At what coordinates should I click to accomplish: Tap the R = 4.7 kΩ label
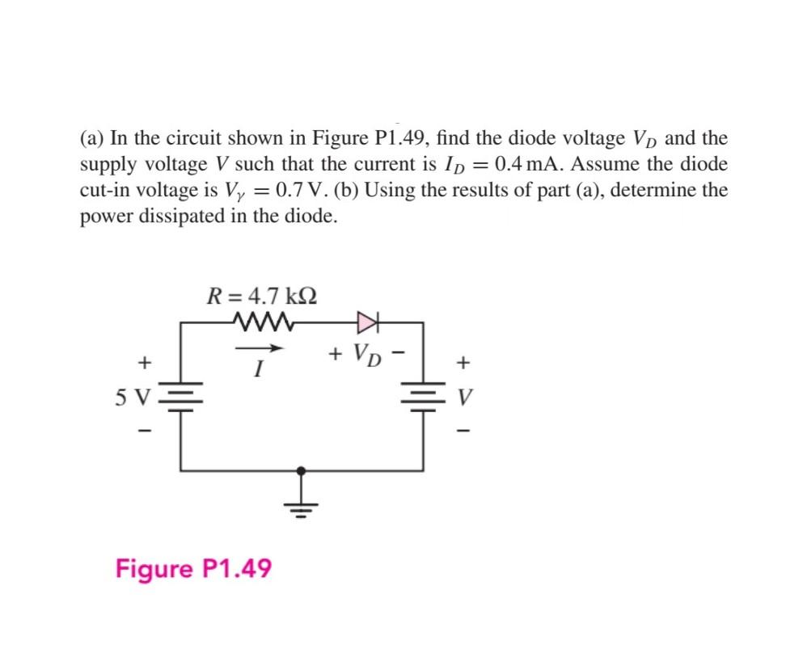261,295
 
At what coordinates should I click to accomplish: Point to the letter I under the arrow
257,371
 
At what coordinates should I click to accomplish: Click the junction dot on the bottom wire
302,469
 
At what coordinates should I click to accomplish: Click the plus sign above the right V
463,364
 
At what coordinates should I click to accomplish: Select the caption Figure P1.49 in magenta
193,568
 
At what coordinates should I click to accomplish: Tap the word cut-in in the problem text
107,192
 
